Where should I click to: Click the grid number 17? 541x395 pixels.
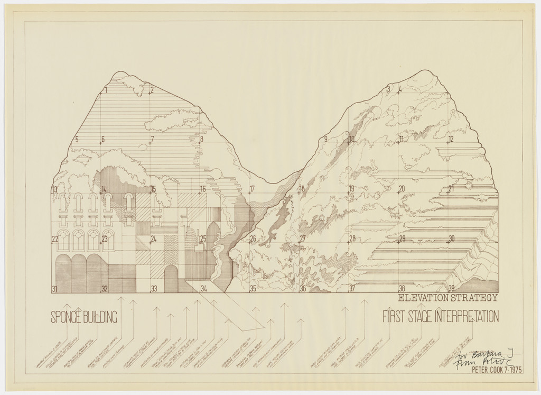pos(252,189)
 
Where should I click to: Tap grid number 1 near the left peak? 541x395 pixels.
pos(106,90)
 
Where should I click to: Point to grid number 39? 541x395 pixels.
pos(451,289)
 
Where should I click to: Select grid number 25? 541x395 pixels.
pos(203,239)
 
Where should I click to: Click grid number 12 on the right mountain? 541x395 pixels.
pos(451,139)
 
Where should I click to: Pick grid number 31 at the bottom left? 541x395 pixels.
pos(54,289)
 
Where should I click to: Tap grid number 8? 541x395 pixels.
pos(201,140)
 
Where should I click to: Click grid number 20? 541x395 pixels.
pos(402,189)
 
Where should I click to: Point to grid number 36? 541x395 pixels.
pos(303,289)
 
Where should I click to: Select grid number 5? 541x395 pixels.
pos(77,140)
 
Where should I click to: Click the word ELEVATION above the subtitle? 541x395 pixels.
pos(427,298)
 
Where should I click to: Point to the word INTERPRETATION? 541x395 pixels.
pos(466,317)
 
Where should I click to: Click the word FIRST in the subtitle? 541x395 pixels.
pos(394,317)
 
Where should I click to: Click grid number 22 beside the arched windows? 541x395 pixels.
pos(54,239)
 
